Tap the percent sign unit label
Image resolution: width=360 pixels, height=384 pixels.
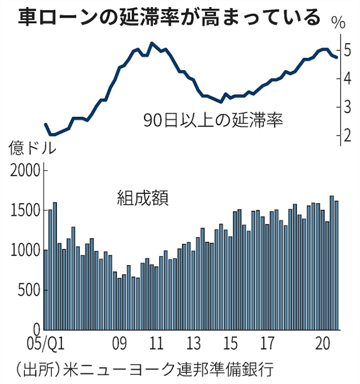tap(339, 23)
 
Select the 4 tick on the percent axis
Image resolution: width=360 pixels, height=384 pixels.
tap(347, 79)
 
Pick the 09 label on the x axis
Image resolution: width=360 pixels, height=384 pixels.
tap(120, 343)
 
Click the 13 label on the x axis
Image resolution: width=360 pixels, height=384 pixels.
tap(193, 343)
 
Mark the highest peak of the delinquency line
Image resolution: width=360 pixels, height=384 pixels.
tap(151, 43)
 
